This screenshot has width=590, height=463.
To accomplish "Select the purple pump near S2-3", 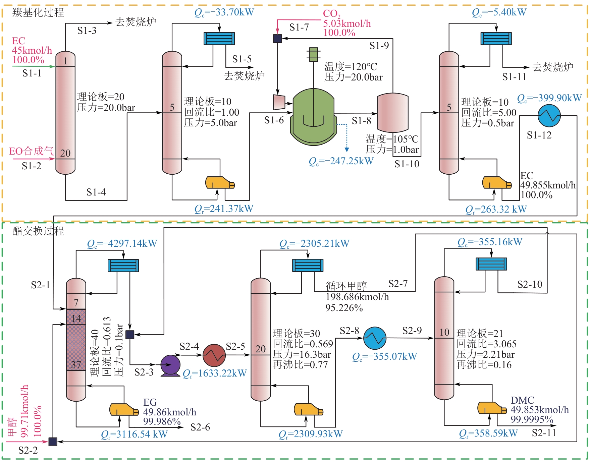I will tap(170, 365).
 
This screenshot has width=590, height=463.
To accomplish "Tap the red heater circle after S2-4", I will tap(214, 355).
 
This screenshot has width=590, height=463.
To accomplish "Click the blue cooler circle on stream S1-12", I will tap(549, 116).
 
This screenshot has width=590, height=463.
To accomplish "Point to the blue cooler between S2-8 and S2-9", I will tap(375, 338).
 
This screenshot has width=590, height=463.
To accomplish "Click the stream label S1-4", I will tap(96, 192).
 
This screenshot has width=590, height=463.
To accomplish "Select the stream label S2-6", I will tap(200, 427).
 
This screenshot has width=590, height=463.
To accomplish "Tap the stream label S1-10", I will tap(407, 164).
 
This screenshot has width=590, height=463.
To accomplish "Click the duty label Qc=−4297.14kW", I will tap(122, 244).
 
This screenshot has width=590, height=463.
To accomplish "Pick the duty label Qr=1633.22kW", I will tap(215, 373).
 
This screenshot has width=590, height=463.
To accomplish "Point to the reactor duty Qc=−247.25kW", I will tap(341, 161).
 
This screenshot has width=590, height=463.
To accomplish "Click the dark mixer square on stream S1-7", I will tap(277, 39).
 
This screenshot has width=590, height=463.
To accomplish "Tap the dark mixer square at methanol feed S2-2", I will tap(53, 442).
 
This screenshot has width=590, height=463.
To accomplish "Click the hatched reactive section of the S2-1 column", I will tap(76, 339).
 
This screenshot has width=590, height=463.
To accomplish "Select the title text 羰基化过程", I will tap(38, 13).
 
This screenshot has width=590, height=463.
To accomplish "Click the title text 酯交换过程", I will tap(38, 231).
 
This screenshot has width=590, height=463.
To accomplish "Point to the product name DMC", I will tap(522, 400).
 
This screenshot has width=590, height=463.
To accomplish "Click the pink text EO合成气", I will tap(31, 151).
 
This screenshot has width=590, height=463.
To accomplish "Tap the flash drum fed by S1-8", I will tap(393, 113).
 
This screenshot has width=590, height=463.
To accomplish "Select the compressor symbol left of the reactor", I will tap(279, 102).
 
